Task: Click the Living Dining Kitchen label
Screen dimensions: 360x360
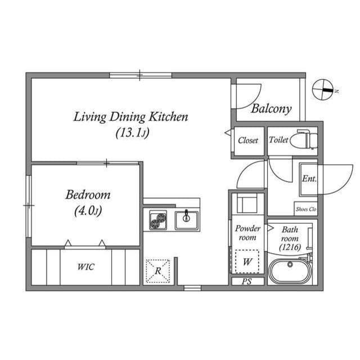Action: [130, 117]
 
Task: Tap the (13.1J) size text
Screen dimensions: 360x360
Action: [132, 133]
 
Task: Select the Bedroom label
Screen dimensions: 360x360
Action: [88, 195]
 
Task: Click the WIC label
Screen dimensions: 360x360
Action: [85, 267]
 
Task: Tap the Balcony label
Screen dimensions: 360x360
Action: [271, 109]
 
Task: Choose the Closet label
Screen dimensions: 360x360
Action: [248, 141]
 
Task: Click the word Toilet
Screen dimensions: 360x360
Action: [278, 140]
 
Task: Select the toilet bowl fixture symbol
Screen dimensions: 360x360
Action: [307, 140]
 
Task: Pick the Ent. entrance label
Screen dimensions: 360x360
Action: [309, 179]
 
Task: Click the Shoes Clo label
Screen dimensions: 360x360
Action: [306, 209]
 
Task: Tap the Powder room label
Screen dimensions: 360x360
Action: [247, 233]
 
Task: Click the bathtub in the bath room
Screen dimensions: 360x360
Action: [290, 271]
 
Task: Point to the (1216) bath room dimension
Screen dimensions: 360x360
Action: [290, 247]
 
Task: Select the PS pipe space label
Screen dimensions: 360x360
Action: [247, 282]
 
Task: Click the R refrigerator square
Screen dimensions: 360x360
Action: [158, 271]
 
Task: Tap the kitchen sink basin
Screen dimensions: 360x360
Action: [186, 219]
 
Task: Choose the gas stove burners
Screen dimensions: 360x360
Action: [158, 220]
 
